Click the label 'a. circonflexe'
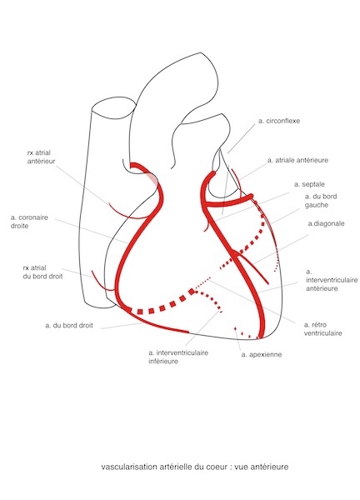click(279, 121)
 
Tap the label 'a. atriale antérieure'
click(297, 160)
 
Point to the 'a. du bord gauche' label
click(321, 201)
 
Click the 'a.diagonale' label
click(326, 223)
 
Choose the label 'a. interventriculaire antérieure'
click(332, 280)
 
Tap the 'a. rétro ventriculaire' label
click(322, 329)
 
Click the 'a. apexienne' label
click(262, 355)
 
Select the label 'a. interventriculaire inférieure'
click(178, 357)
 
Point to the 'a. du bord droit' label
click(69, 326)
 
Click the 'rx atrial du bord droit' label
click(42, 272)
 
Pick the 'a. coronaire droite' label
click(29, 222)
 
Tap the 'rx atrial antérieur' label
click(41, 157)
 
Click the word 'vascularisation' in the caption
click(129, 467)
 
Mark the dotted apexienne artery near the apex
click(247, 333)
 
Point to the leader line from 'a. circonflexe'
click(242, 138)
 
